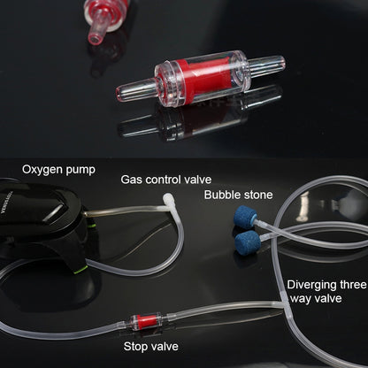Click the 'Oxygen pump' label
(58, 170)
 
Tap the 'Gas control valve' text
(166, 180)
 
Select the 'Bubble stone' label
(238, 195)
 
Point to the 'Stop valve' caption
(151, 346)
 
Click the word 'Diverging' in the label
(312, 285)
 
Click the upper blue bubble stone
(245, 216)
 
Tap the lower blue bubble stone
(248, 241)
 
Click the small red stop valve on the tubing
(146, 319)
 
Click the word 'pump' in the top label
(80, 171)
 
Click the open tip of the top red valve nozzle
(93, 39)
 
